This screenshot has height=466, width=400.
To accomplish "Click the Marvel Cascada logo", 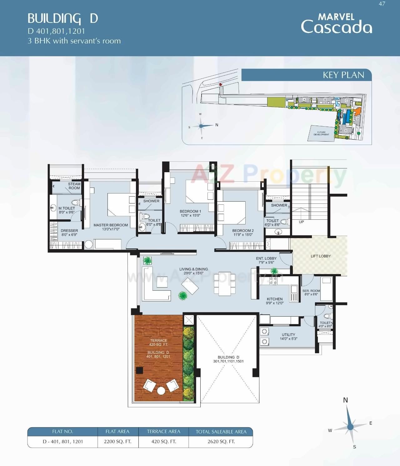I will (x=336, y=23).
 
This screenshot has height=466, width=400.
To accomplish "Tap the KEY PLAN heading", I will (x=343, y=75).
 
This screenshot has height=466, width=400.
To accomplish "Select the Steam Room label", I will (x=74, y=186).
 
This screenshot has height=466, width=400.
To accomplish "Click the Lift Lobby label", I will (x=321, y=256).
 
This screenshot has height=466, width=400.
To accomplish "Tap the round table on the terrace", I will (x=161, y=391).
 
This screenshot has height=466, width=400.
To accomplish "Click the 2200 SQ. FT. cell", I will (x=117, y=442).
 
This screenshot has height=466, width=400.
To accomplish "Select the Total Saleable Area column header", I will (x=221, y=432).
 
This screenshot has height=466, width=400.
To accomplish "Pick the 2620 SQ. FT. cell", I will (x=221, y=442).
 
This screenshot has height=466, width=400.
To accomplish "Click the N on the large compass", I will (x=345, y=400).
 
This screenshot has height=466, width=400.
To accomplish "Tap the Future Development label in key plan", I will (x=321, y=133).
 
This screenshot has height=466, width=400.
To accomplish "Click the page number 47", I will (x=382, y=4).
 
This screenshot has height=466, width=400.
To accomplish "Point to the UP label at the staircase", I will (x=301, y=222).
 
